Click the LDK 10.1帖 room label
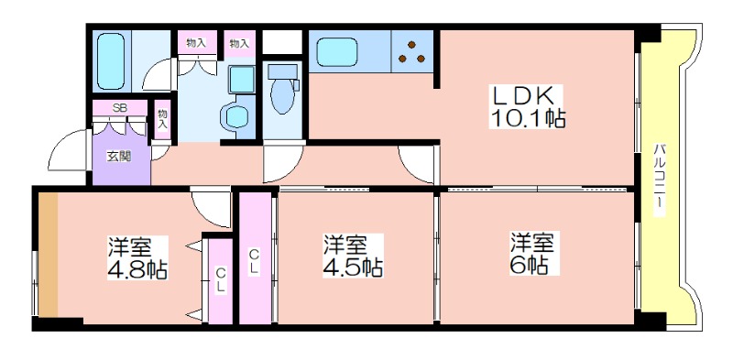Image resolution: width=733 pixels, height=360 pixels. (527, 106)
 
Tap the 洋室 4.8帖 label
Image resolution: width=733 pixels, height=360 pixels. (137, 257)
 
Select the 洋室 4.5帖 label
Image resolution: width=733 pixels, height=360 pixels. (354, 256)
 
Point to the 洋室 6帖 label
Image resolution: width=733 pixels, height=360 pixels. (532, 253)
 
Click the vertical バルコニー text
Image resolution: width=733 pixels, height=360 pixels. (659, 179)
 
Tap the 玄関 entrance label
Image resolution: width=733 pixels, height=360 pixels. (120, 156)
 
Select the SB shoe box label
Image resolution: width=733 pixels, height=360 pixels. (120, 107)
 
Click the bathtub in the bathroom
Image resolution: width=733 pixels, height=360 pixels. (111, 61)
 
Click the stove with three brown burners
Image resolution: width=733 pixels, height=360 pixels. (411, 51)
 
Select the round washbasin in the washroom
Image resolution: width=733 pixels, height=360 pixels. (237, 116)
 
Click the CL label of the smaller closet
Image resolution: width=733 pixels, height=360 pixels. (221, 279)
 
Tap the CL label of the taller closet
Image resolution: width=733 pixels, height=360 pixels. (256, 261)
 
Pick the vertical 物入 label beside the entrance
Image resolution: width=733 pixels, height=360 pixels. (162, 119)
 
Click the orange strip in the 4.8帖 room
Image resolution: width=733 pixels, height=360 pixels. (48, 255)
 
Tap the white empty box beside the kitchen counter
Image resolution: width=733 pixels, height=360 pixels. (282, 41)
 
